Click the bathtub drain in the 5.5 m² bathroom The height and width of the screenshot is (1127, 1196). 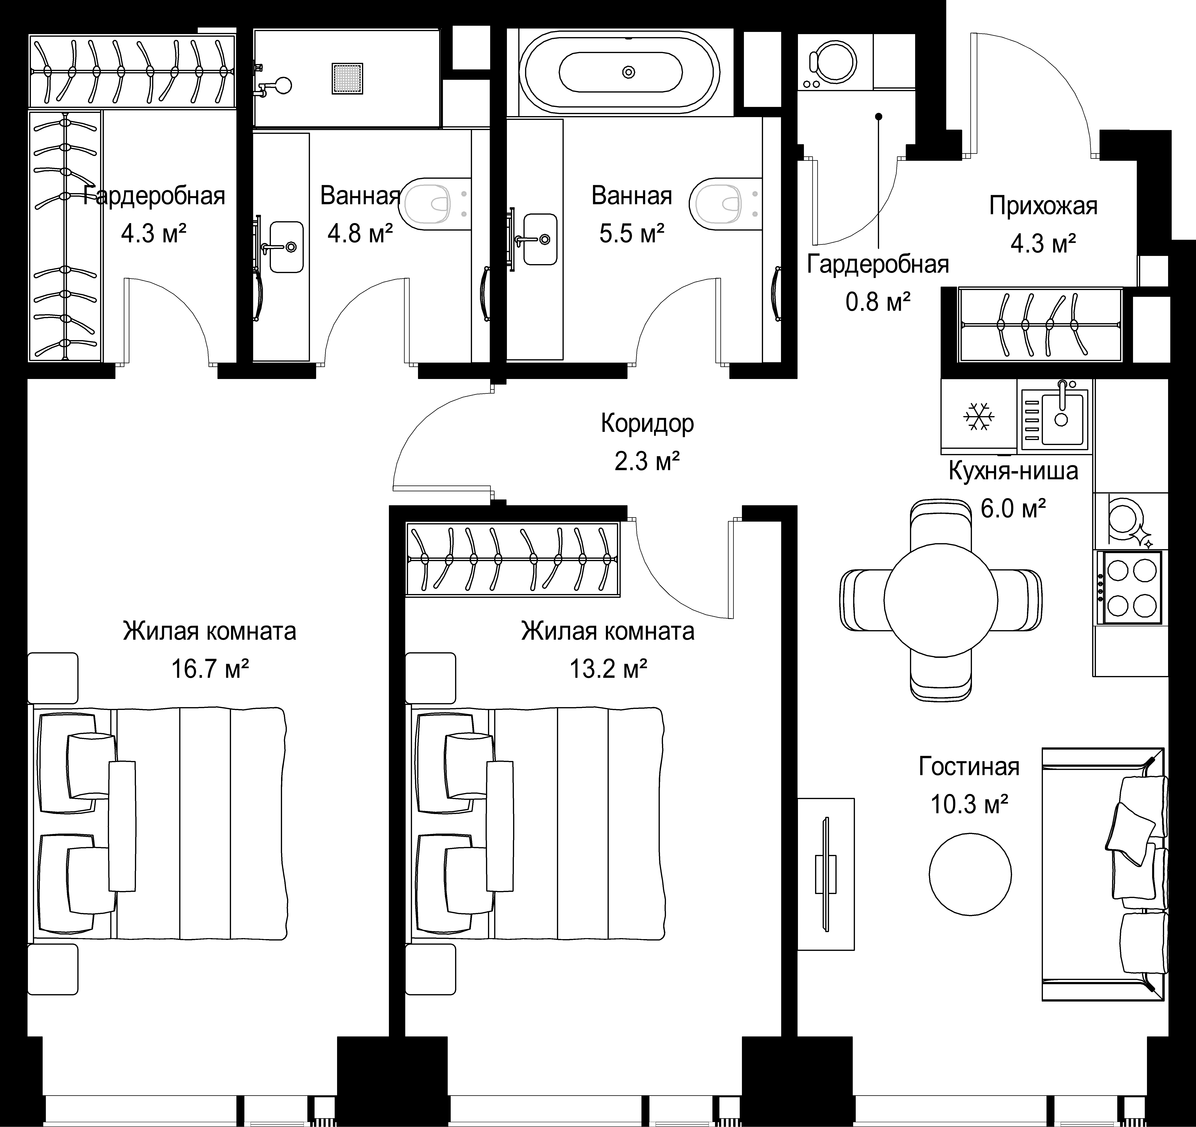pyautogui.click(x=629, y=72)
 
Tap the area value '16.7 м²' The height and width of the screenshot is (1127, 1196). pyautogui.click(x=210, y=668)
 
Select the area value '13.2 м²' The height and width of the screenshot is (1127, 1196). pyautogui.click(x=608, y=668)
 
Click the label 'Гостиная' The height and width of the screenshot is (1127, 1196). pyautogui.click(x=969, y=767)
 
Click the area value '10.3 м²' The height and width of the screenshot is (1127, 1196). pyautogui.click(x=969, y=804)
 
